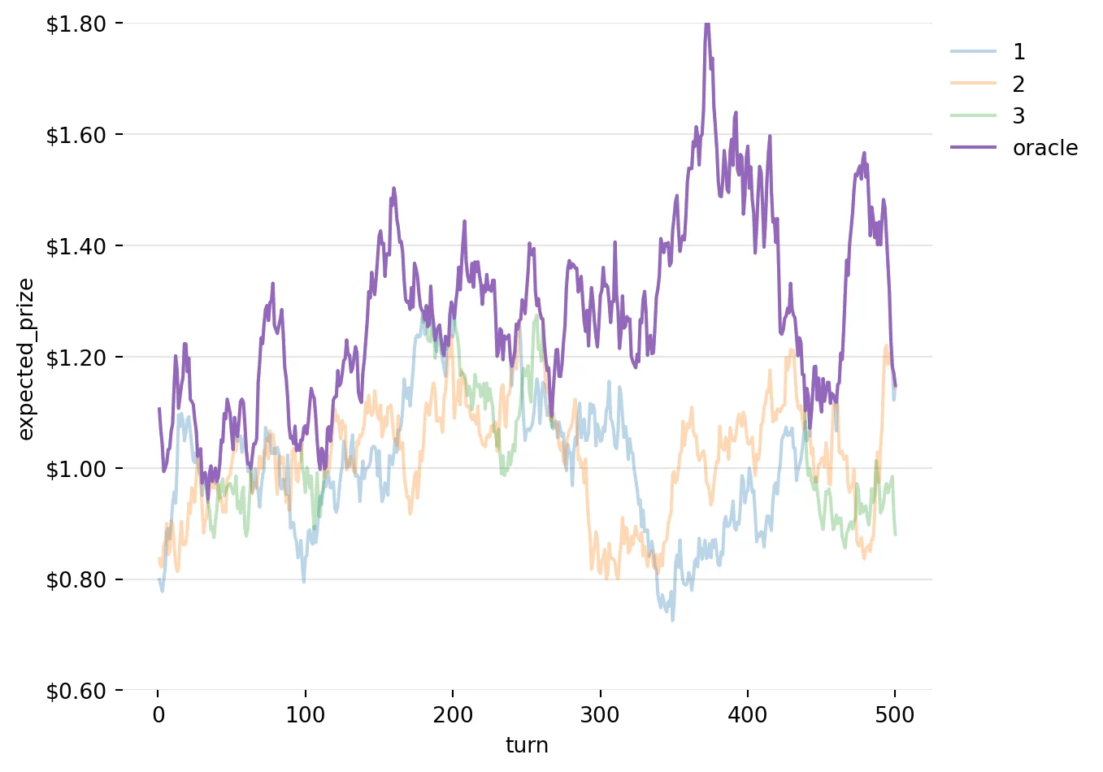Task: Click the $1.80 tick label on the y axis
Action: [x=76, y=24]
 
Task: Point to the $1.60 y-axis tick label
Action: [x=76, y=135]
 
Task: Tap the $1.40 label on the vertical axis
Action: [x=76, y=246]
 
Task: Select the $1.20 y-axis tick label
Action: [x=76, y=358]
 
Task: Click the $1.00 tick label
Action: [x=76, y=469]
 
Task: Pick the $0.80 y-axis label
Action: [x=76, y=580]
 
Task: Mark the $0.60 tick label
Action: [x=76, y=692]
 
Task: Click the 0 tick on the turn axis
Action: [x=159, y=715]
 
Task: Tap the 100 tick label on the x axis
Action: [x=306, y=715]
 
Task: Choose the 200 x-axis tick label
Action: [x=453, y=715]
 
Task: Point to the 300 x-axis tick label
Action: [x=601, y=715]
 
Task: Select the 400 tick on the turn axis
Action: [x=748, y=715]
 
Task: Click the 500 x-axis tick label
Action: [x=895, y=715]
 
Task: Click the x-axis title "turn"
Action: [x=527, y=745]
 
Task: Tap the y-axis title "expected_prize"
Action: [x=26, y=358]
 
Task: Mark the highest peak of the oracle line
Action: [x=707, y=24]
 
